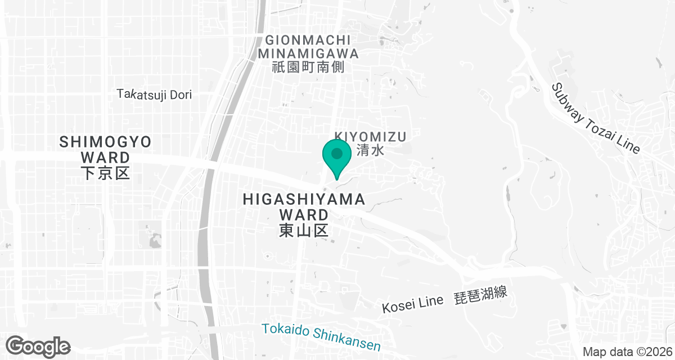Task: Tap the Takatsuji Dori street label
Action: tap(155, 94)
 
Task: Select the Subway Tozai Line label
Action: tap(595, 118)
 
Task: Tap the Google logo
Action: tap(38, 346)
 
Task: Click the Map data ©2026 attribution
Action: tap(627, 352)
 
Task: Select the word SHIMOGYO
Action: tap(106, 142)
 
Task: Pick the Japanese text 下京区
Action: tap(106, 173)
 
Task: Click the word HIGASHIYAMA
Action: tap(304, 199)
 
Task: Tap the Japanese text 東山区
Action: tap(304, 230)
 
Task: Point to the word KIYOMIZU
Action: tap(370, 136)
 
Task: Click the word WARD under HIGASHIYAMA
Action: tap(304, 214)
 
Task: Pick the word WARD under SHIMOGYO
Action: tap(106, 157)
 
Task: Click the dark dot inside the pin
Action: tap(336, 153)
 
